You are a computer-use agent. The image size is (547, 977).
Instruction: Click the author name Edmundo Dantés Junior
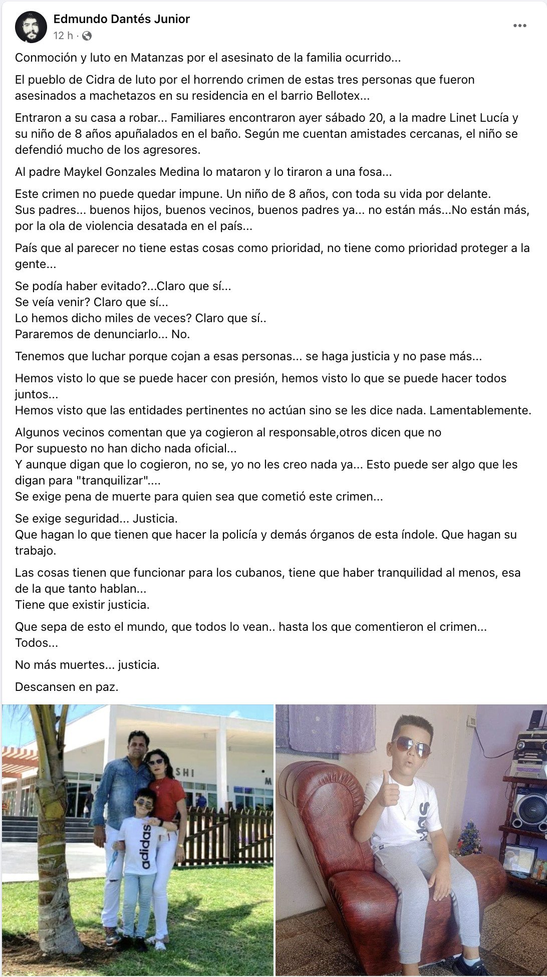(x=121, y=19)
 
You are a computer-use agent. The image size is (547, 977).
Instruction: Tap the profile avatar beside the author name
(x=31, y=27)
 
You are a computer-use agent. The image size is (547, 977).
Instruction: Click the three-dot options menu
(x=519, y=26)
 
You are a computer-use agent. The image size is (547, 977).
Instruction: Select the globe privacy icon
(x=87, y=36)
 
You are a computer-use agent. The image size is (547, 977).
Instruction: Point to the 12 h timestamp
(x=63, y=36)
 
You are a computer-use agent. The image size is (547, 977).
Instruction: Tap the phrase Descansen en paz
(x=67, y=687)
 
